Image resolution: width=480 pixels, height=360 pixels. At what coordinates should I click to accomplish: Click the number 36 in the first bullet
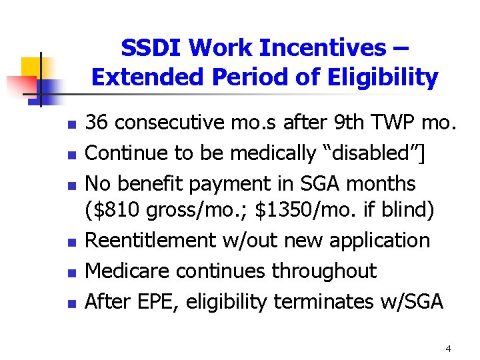point(99,122)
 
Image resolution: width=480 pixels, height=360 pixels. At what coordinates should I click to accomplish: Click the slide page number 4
point(448,349)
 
